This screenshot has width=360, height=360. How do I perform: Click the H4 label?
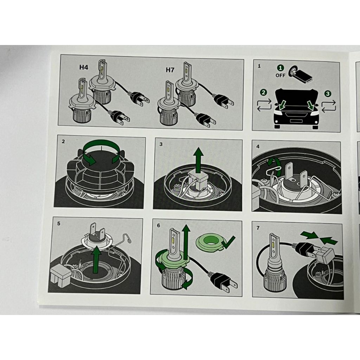click(84, 67)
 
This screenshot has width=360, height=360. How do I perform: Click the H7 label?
click(170, 70)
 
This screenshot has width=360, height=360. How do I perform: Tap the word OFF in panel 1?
click(280, 75)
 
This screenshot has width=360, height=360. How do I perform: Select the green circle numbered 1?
click(280, 68)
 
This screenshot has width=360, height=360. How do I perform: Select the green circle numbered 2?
click(263, 92)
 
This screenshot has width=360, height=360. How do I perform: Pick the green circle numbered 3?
click(328, 94)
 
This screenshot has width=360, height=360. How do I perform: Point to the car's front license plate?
click(296, 121)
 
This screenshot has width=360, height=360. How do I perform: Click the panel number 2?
click(63, 141)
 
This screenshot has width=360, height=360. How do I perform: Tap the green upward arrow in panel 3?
click(198, 160)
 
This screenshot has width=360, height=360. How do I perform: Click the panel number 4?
click(258, 147)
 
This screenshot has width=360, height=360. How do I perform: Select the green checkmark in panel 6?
click(228, 242)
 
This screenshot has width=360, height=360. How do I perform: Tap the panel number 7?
click(258, 228)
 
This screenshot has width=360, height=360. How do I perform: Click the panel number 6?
click(159, 225)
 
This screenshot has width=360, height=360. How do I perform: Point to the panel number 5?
click(59, 223)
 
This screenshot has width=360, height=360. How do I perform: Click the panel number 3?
click(161, 144)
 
